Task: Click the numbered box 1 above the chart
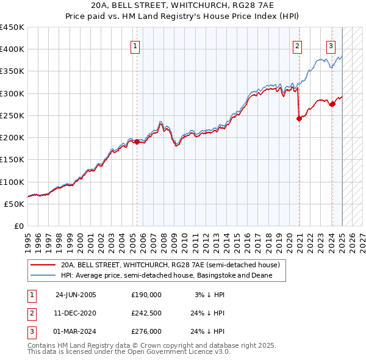click(x=134, y=45)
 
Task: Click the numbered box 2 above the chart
click(x=297, y=45)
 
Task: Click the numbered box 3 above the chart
click(x=331, y=45)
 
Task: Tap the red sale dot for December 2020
click(x=300, y=119)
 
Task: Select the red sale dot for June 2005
click(x=137, y=142)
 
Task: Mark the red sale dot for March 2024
click(x=332, y=104)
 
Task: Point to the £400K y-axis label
click(x=12, y=49)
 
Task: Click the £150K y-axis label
click(x=12, y=160)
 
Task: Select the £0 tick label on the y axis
click(x=18, y=226)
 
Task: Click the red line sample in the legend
click(x=43, y=265)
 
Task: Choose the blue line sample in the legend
click(x=43, y=276)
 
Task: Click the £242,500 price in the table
click(x=146, y=313)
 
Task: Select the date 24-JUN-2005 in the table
click(x=76, y=295)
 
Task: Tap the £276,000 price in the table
click(x=146, y=331)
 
